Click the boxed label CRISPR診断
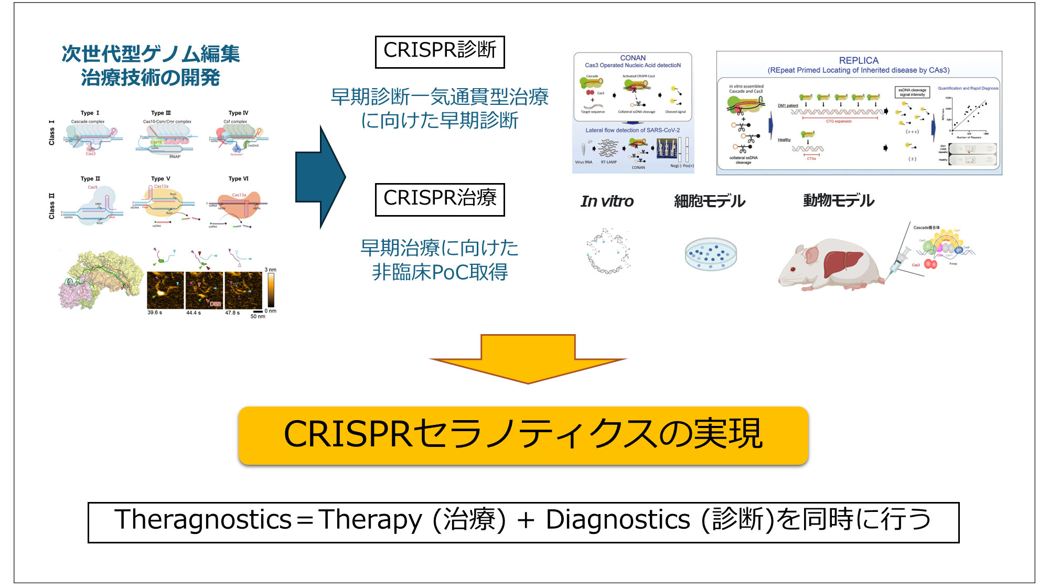point(440,51)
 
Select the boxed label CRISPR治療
point(440,199)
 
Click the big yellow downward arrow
point(528,359)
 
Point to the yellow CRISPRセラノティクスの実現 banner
point(523,435)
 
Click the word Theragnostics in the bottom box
point(202,520)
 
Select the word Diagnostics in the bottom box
point(618,520)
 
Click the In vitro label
point(607,201)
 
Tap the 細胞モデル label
point(709,201)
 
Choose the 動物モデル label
point(838,201)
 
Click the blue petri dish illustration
point(711,254)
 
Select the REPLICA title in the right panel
point(859,60)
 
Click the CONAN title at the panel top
point(633,58)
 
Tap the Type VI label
point(239,179)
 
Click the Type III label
point(161,113)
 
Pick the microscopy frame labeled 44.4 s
point(204,290)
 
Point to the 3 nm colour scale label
point(271,270)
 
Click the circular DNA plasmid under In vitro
point(608,251)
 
